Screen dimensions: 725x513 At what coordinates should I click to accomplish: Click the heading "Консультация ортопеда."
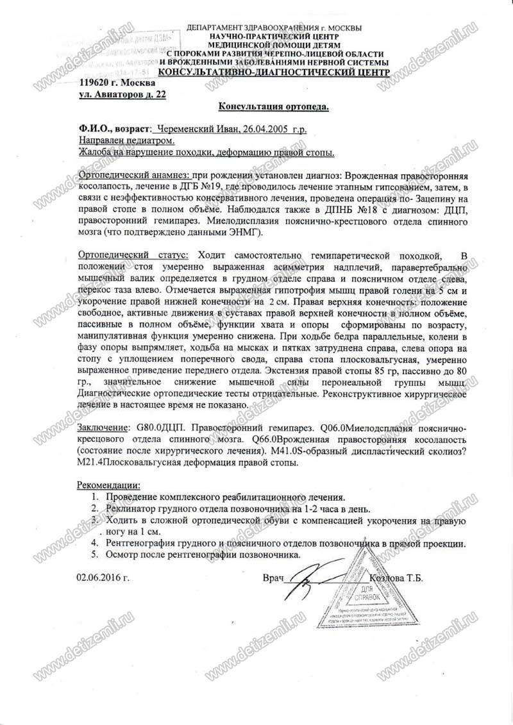tap(274, 106)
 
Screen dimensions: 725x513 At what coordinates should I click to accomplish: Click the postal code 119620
tap(97, 83)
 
